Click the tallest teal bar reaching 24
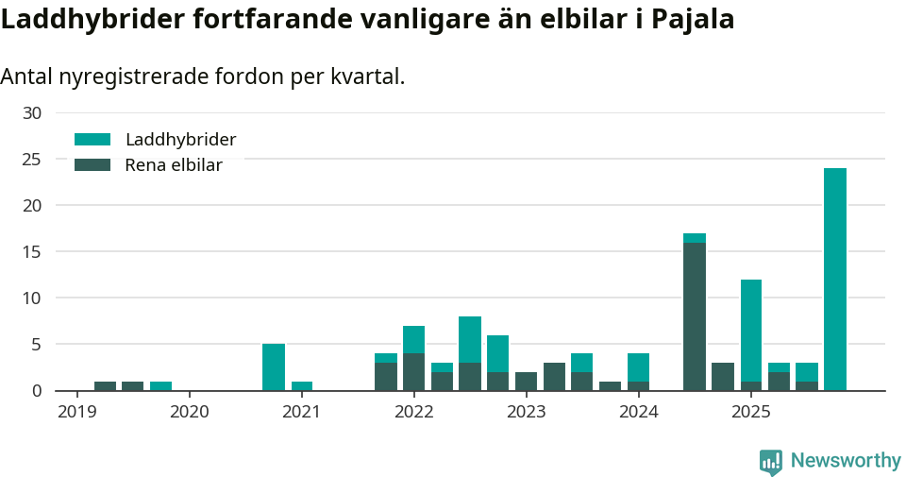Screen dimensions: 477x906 (834, 279)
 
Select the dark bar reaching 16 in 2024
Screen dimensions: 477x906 (695, 316)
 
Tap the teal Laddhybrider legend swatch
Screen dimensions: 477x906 (92, 140)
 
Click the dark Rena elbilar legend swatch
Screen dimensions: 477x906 (92, 165)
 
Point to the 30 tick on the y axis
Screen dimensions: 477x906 (32, 113)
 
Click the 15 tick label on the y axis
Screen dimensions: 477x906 (32, 252)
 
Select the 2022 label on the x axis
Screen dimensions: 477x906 (413, 412)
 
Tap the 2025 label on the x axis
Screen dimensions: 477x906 (751, 412)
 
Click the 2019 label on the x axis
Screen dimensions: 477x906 (76, 412)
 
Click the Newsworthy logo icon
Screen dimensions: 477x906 (771, 461)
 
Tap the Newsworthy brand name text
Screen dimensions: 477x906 (846, 461)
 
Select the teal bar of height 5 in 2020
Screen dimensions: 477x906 (274, 367)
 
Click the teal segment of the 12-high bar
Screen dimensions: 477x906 (751, 331)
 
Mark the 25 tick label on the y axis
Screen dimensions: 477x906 (32, 160)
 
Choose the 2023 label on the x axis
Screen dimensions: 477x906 (526, 412)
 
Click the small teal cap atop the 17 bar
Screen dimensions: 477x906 (695, 238)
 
